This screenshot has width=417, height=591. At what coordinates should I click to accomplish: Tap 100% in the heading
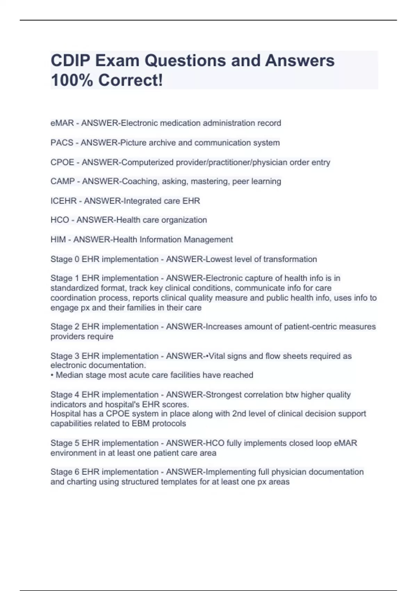coord(72,80)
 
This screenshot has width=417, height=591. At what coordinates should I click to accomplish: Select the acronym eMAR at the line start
coord(62,123)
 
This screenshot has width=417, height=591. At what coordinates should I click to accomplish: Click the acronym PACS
coord(62,143)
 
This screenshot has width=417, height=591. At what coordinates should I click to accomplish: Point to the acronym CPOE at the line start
coord(63,162)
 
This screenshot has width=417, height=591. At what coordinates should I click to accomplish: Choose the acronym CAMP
coord(63,181)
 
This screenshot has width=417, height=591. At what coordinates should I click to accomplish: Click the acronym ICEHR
coord(64,201)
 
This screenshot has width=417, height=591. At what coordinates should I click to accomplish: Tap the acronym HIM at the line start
coord(58,240)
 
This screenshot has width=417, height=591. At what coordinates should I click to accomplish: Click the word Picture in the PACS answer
coord(133,143)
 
